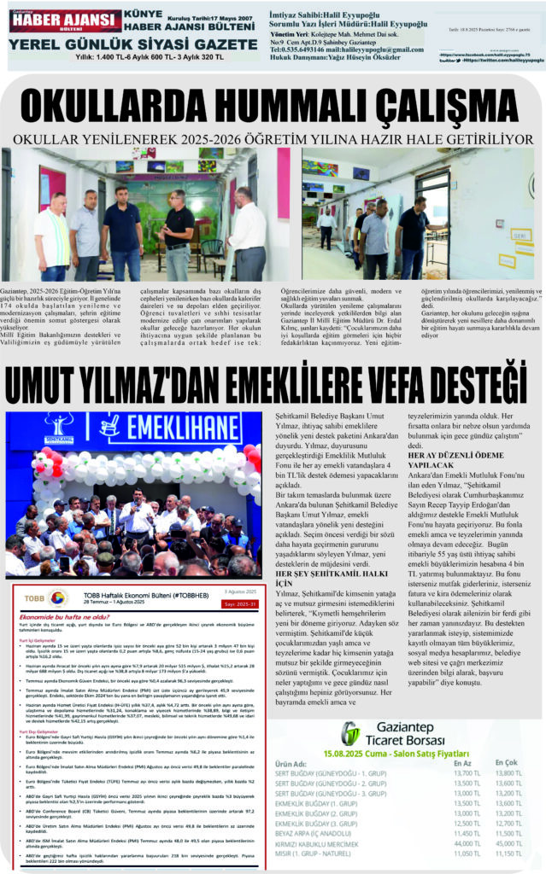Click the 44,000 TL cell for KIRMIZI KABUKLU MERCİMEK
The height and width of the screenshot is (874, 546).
click(x=466, y=842)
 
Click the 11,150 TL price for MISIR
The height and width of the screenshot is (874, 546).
click(x=508, y=853)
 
